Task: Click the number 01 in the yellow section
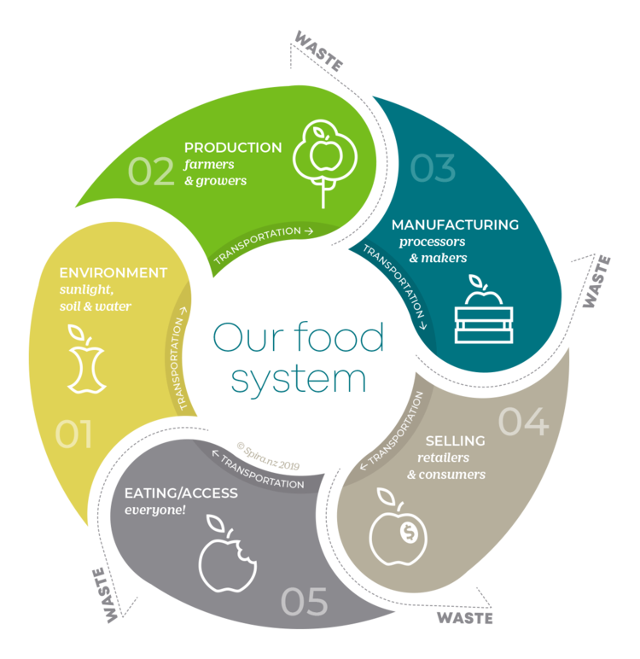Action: click(x=73, y=434)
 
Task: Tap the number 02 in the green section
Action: click(x=151, y=171)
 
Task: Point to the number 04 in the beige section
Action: click(x=523, y=422)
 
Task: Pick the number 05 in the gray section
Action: click(x=304, y=602)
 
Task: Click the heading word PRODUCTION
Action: click(x=233, y=148)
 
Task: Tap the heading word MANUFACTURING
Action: click(x=455, y=225)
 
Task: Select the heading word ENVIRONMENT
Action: click(x=113, y=273)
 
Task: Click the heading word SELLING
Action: click(x=455, y=441)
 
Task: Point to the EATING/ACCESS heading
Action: click(x=181, y=493)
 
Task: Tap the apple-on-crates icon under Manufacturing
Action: click(x=484, y=313)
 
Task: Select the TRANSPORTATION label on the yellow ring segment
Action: click(x=188, y=359)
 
